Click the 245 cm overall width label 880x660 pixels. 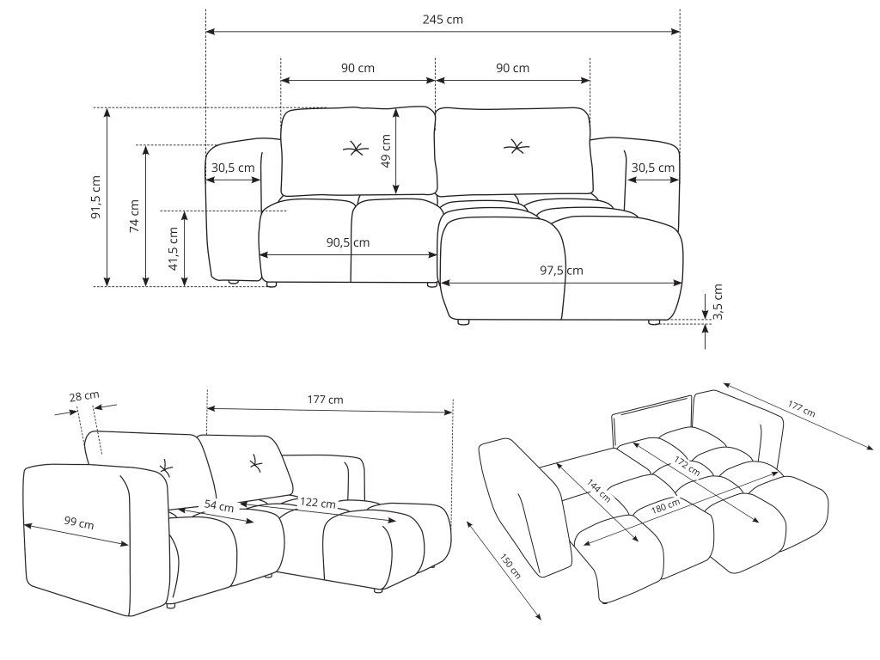443,20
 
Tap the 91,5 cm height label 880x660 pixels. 96,197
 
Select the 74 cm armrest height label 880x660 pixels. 134,216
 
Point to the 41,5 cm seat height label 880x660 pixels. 173,248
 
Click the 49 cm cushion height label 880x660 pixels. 386,151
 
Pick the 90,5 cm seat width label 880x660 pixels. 348,242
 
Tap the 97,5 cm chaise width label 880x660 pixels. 561,270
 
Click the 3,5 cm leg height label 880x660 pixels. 718,302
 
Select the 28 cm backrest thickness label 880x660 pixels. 84,396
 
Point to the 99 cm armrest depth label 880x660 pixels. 78,522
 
